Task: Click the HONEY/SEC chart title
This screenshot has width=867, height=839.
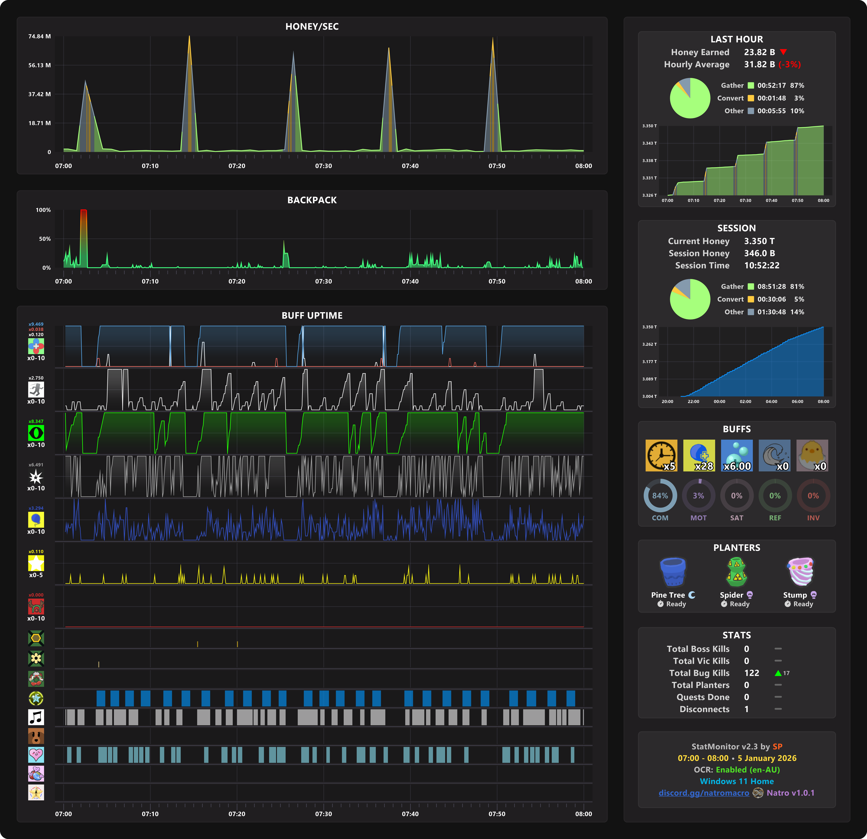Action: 312,27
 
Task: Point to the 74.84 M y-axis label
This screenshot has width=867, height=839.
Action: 39,36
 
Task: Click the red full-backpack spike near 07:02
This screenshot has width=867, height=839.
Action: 84,221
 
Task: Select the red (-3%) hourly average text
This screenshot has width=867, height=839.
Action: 790,65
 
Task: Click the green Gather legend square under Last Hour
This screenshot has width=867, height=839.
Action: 751,85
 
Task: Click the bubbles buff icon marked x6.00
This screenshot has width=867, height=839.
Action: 737,455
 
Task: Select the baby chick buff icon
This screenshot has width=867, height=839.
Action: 812,455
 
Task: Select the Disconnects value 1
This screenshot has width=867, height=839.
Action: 747,709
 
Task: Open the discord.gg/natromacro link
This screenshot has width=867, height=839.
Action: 704,793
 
